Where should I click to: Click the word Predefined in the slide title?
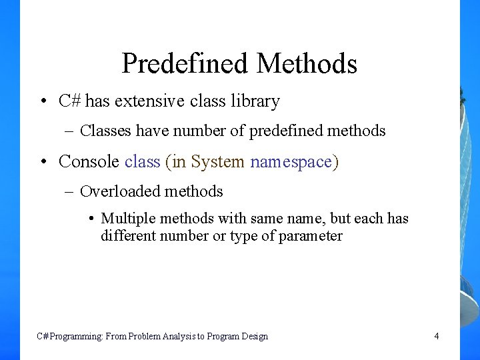click(x=185, y=64)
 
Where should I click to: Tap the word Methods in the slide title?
click(x=307, y=64)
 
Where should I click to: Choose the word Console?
click(x=89, y=161)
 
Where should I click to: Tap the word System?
click(x=217, y=161)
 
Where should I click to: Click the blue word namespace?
click(x=291, y=162)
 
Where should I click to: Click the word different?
click(x=127, y=236)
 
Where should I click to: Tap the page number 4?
click(x=437, y=336)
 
